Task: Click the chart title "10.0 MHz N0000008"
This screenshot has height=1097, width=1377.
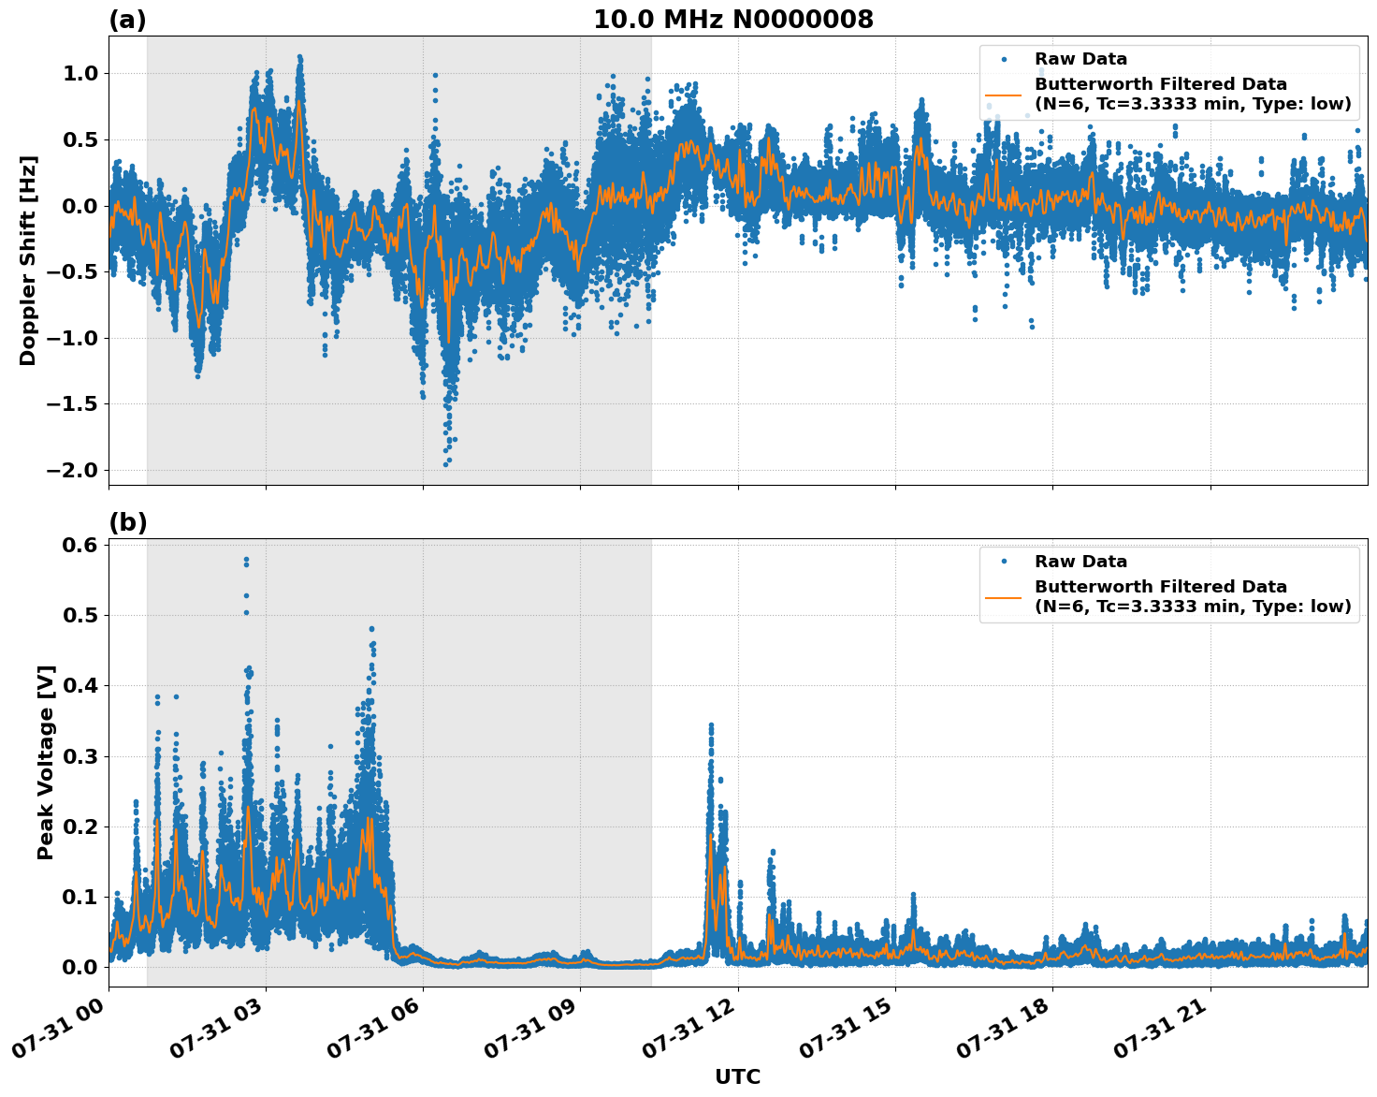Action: [x=732, y=20]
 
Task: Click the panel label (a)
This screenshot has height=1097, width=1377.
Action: [x=127, y=20]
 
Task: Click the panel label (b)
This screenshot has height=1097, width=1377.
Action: [x=127, y=522]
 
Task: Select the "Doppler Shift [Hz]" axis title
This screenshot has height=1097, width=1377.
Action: [x=28, y=260]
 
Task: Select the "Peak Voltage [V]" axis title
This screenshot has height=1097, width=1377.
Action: [x=46, y=762]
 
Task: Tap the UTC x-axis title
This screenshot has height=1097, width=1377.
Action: [x=737, y=1076]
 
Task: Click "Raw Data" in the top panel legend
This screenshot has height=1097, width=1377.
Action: [x=1080, y=60]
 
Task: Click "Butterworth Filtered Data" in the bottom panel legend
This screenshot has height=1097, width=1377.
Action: [x=1160, y=587]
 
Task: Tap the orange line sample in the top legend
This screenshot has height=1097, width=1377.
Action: [x=1004, y=94]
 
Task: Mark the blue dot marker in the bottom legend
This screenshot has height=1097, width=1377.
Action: [x=1004, y=562]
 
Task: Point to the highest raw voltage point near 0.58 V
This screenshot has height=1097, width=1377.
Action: [x=246, y=560]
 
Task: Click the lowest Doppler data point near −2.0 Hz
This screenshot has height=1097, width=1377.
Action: [x=445, y=464]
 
